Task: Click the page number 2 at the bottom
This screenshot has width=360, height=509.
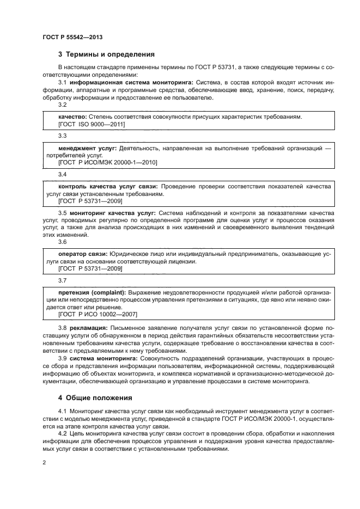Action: point(44,463)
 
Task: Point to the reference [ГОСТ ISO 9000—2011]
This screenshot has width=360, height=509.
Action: point(91,124)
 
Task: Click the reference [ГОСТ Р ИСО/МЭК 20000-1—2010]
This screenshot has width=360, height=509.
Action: point(108,162)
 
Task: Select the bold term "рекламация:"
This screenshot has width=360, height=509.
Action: point(89,328)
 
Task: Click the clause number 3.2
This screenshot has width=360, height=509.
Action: point(62,105)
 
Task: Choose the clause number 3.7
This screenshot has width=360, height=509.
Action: point(62,280)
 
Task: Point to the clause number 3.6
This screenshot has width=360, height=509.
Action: point(62,242)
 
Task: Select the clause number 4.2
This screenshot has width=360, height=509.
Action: point(62,432)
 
